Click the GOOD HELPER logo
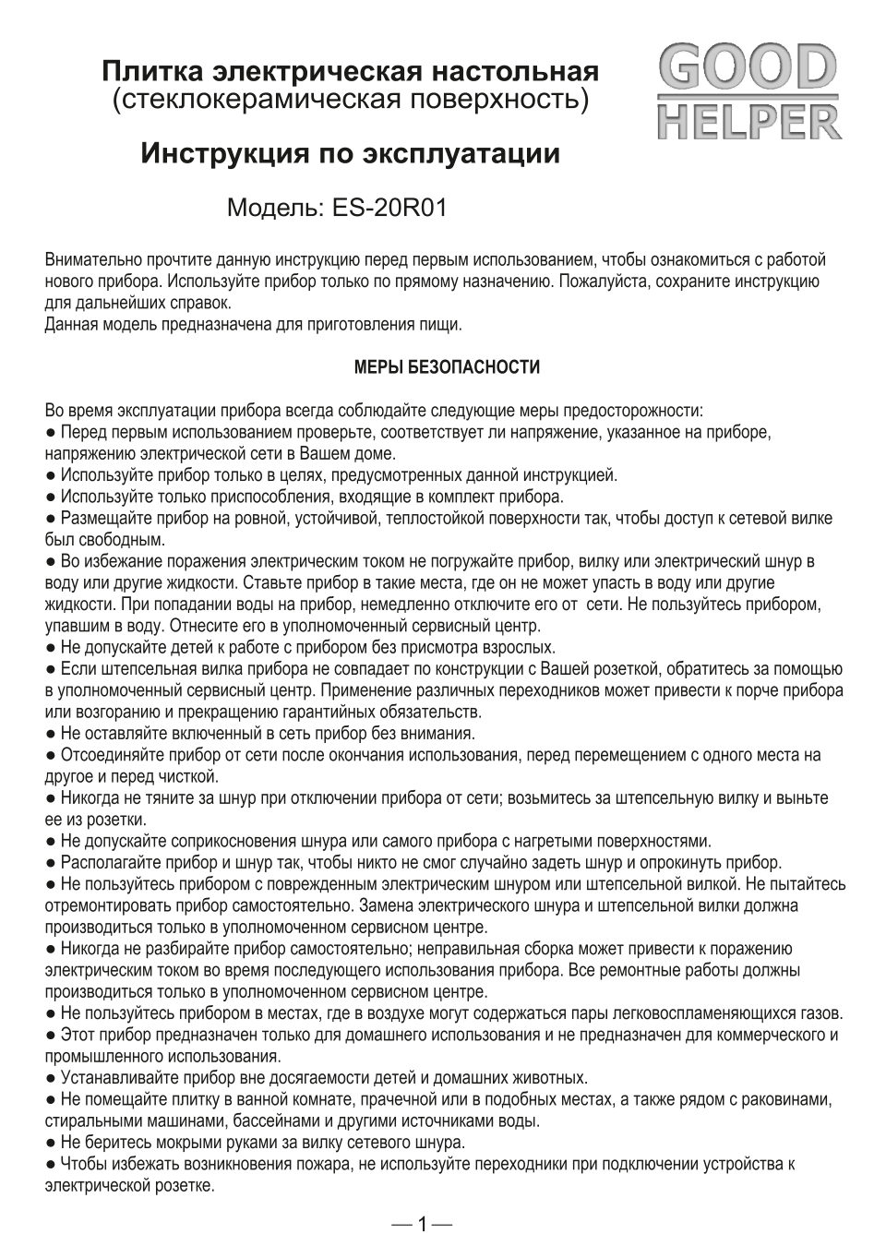748,95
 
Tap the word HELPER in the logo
748,123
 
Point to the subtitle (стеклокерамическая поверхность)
350,98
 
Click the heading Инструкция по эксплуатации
350,153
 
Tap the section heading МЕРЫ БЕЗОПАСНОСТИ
448,368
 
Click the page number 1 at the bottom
422,1225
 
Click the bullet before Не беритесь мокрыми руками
51,1143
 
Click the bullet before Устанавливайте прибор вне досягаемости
51,1078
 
